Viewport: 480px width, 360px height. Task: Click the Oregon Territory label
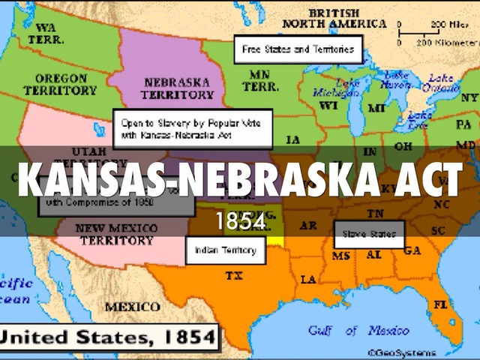click(x=60, y=84)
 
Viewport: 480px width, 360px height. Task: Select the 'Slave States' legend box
click(x=369, y=234)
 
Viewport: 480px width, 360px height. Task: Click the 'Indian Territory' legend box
click(x=226, y=250)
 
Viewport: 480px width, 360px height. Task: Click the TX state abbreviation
click(x=234, y=276)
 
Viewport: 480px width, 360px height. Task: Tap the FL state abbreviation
click(x=439, y=305)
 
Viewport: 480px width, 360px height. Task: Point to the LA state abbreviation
click(x=308, y=279)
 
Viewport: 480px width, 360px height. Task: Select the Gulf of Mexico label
click(x=358, y=331)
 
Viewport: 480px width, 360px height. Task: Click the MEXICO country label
click(x=132, y=307)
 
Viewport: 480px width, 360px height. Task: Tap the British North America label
click(x=334, y=19)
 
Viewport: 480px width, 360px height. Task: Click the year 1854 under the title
click(x=240, y=221)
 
